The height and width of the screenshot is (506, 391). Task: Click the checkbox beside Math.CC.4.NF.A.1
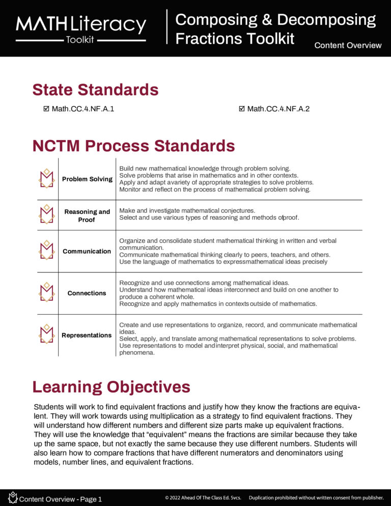pos(47,109)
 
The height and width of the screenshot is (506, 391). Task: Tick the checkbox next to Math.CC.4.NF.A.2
pos(242,109)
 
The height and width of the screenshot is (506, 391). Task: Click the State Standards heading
pos(95,90)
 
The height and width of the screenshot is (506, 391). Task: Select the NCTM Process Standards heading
pos(133,146)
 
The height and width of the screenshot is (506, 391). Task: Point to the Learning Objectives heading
pos(111,387)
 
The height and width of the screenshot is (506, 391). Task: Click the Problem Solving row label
pos(87,179)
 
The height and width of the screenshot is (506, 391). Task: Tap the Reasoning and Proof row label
pos(87,216)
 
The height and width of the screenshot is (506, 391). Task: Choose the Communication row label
pos(87,251)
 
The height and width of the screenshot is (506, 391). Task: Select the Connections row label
pos(87,293)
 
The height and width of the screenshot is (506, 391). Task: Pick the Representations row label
pos(87,335)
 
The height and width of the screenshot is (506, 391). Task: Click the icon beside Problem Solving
pos(47,178)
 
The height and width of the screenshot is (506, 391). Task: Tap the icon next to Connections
pos(47,293)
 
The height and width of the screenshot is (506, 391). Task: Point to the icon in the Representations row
pos(47,334)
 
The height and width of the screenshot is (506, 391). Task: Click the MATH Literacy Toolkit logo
pos(81,29)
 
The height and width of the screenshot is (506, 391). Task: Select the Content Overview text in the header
pos(348,45)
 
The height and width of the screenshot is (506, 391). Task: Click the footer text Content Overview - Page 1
pos(60,499)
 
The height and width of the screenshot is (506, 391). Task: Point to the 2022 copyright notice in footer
pos(203,497)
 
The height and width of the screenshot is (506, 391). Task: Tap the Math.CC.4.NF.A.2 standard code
pos(278,109)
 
